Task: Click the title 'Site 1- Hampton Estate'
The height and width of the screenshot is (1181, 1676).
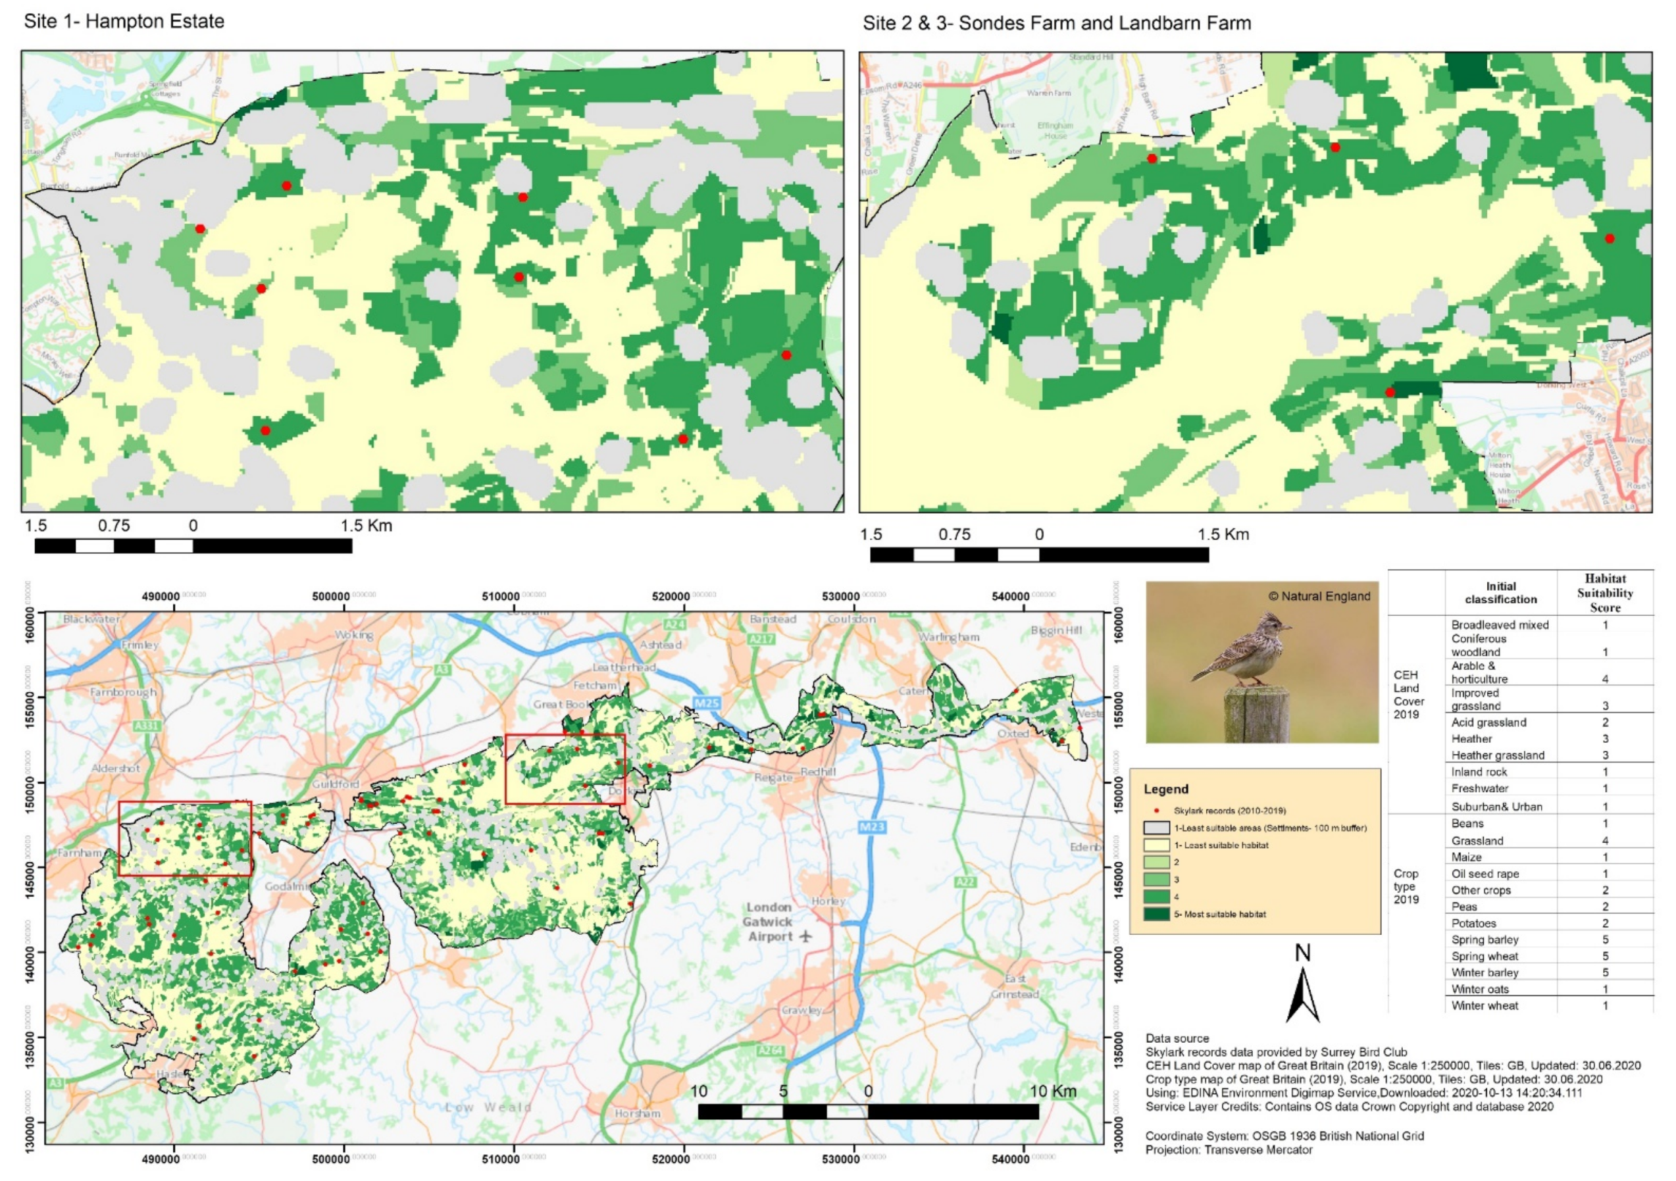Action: pyautogui.click(x=124, y=21)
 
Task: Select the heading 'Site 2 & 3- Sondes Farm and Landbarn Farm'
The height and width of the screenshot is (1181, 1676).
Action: pyautogui.click(x=1057, y=24)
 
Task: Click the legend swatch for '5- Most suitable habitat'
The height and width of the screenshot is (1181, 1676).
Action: pyautogui.click(x=1157, y=914)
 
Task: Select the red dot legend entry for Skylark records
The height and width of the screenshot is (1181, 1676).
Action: pyautogui.click(x=1157, y=810)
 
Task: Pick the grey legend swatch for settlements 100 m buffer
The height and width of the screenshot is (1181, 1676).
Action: pyautogui.click(x=1157, y=828)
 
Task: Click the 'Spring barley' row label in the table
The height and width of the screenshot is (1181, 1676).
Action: pyautogui.click(x=1484, y=939)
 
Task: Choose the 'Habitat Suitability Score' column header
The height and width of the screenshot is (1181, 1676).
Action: pyautogui.click(x=1604, y=593)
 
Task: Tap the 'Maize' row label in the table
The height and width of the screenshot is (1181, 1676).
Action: pyautogui.click(x=1466, y=857)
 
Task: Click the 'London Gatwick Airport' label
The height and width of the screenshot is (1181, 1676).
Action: pyautogui.click(x=769, y=922)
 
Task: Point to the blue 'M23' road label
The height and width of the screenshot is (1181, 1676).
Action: pyautogui.click(x=871, y=827)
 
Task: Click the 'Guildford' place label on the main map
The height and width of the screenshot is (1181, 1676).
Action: pyautogui.click(x=336, y=784)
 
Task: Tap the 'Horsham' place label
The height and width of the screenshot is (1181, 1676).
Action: pyautogui.click(x=637, y=1113)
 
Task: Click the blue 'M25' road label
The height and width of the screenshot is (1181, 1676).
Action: pyautogui.click(x=706, y=703)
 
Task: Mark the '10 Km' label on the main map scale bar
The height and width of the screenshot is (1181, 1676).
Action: pyautogui.click(x=1052, y=1091)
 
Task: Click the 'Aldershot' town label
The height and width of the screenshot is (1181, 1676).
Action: pyautogui.click(x=116, y=769)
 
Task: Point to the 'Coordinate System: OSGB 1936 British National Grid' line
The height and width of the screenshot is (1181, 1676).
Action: pyautogui.click(x=1284, y=1136)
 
